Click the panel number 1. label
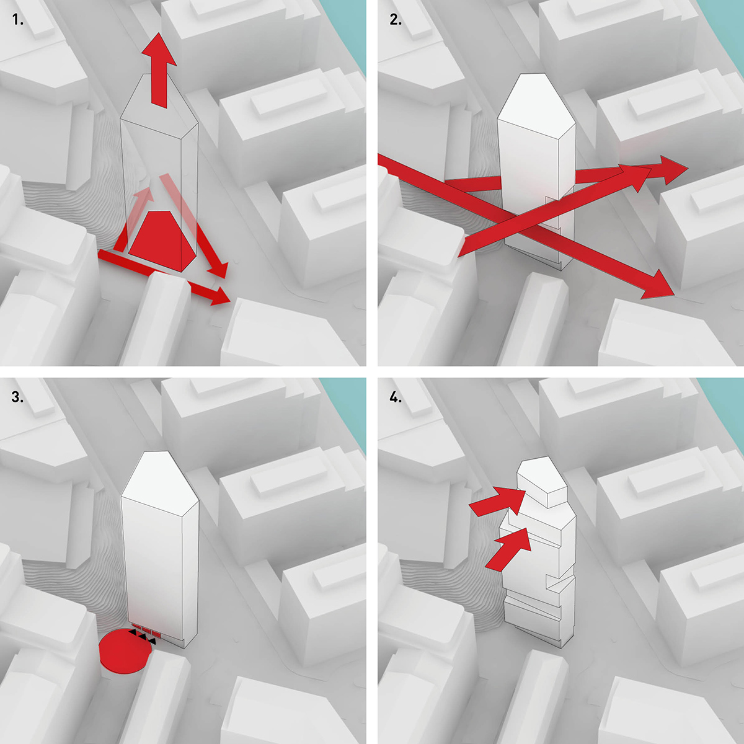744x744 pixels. coord(18,20)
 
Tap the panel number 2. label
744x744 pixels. coord(396,20)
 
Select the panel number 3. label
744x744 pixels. coord(18,397)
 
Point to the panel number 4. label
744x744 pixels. coord(396,397)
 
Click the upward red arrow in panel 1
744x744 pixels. coord(159,71)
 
